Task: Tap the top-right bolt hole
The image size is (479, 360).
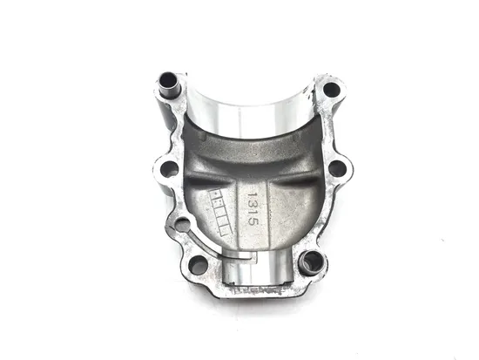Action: coord(330,89)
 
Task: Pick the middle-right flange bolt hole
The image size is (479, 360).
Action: coord(336,167)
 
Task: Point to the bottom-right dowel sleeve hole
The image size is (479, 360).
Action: coord(309,260)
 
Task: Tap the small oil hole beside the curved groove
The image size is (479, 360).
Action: coord(182,225)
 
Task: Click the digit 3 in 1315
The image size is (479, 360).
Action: coord(253,201)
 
